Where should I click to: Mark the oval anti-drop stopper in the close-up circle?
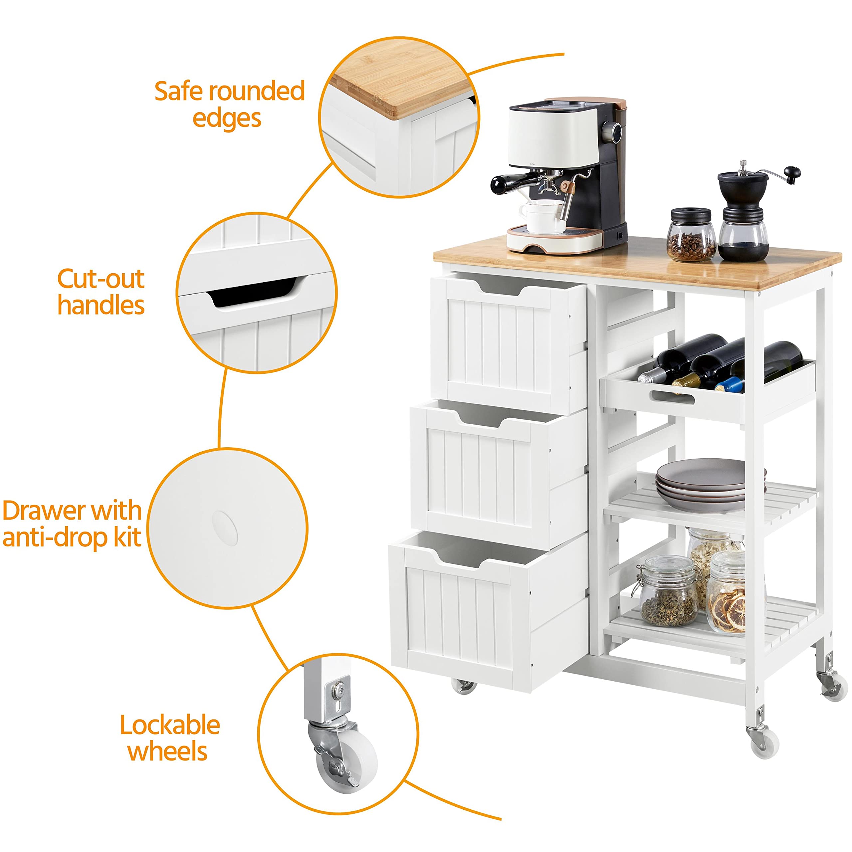pos(225,528)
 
